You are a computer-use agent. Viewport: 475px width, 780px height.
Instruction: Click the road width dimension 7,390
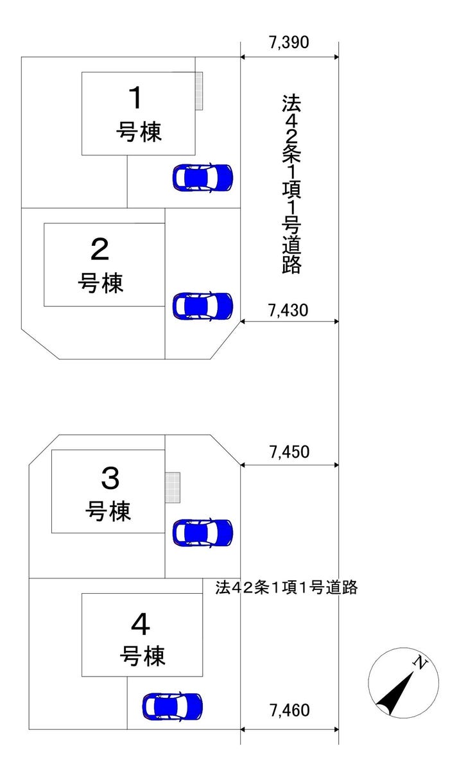click(x=289, y=42)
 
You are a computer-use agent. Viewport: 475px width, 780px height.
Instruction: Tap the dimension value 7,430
click(x=288, y=310)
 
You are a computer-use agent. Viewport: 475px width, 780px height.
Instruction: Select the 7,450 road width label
click(x=289, y=452)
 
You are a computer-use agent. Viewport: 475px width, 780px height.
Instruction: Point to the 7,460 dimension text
click(x=289, y=711)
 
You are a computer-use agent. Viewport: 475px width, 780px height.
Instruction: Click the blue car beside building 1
click(x=203, y=178)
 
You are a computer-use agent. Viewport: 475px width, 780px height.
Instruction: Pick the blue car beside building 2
click(x=203, y=306)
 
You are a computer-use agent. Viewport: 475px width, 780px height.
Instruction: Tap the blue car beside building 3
click(x=203, y=532)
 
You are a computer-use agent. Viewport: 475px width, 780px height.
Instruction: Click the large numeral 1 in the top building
click(x=135, y=98)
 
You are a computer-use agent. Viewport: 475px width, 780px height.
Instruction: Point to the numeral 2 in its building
click(x=99, y=249)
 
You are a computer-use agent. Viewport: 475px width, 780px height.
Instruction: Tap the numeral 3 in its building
click(x=110, y=478)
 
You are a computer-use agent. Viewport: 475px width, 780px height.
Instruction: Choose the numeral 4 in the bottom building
click(x=141, y=625)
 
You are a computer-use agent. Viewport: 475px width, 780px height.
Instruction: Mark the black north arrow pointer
click(x=395, y=693)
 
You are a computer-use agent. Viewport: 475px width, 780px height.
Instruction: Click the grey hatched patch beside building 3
click(x=173, y=487)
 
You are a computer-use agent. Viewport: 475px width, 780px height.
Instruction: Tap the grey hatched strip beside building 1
click(x=199, y=91)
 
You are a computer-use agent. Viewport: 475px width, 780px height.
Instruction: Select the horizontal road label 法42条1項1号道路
click(x=286, y=587)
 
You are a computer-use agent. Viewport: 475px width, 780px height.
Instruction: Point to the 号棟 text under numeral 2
click(x=101, y=282)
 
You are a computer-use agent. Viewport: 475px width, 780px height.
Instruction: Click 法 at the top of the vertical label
click(x=291, y=103)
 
